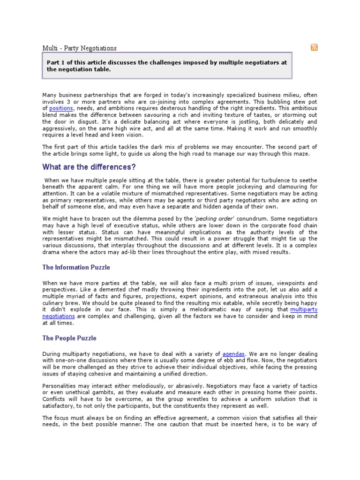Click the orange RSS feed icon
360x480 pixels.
(x=314, y=47)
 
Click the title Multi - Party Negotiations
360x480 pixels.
(x=80, y=48)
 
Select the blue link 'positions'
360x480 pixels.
(x=60, y=108)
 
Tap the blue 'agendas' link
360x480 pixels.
(x=233, y=353)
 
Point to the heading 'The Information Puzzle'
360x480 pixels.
(x=76, y=267)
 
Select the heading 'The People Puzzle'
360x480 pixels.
(x=69, y=337)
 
